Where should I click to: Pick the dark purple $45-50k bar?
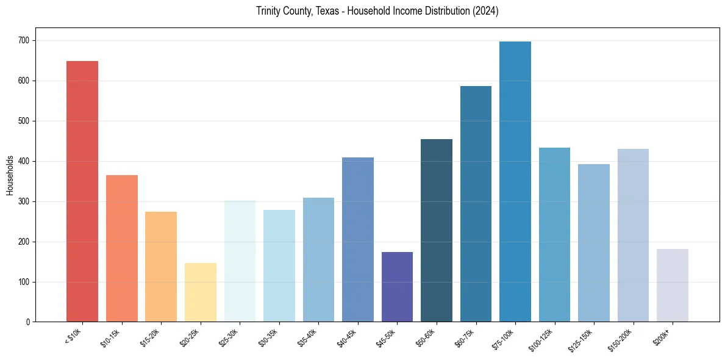[397, 287]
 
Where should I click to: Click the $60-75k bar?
[476, 204]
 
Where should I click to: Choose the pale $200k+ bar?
[672, 285]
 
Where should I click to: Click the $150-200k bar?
[633, 235]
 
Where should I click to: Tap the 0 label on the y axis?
[29, 322]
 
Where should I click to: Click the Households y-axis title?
[10, 175]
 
